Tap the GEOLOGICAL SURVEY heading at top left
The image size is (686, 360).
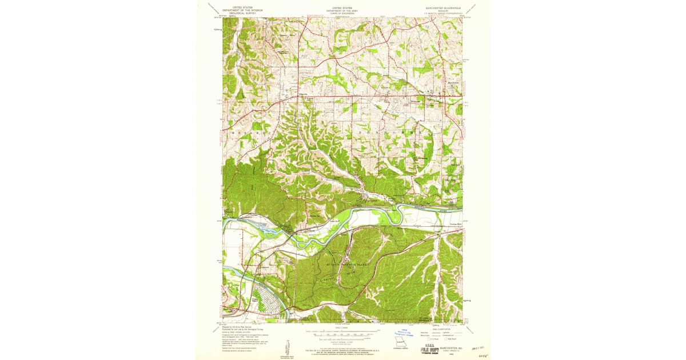click(x=242, y=13)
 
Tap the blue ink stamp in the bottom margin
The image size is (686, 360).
click(x=408, y=333)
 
